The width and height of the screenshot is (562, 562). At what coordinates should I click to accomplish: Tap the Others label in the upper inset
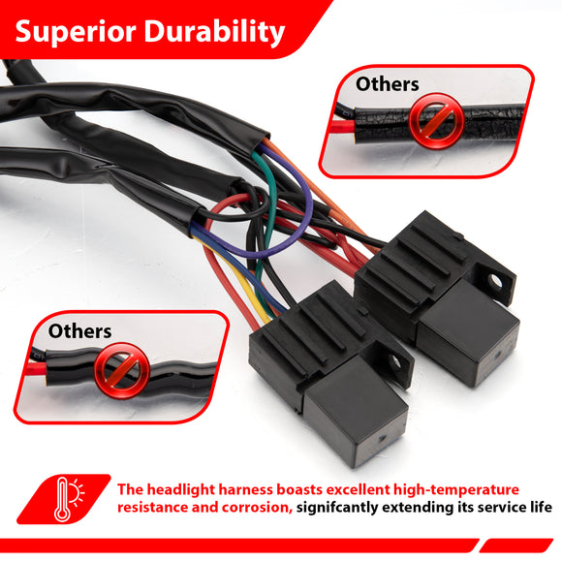(x=387, y=84)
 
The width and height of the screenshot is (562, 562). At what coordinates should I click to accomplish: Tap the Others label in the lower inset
(x=79, y=331)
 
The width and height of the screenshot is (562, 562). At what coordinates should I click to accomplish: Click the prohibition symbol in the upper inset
(x=437, y=121)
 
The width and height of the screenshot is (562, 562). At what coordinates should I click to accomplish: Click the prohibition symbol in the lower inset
(x=122, y=370)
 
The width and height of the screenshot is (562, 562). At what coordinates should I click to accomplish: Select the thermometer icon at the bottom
(x=62, y=500)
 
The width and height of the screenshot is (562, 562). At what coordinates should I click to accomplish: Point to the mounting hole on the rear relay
(x=497, y=282)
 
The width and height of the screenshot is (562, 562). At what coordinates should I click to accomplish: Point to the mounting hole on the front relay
(x=395, y=362)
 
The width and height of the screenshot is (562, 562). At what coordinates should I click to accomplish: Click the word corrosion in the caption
(x=257, y=508)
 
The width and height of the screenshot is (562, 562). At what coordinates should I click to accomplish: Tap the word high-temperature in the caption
(x=456, y=490)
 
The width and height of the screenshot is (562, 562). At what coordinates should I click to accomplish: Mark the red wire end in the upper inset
(x=343, y=126)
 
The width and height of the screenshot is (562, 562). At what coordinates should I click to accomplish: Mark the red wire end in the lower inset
(x=37, y=368)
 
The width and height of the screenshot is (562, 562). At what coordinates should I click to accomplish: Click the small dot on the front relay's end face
(x=382, y=438)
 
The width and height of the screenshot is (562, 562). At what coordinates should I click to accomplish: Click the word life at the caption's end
(x=542, y=508)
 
